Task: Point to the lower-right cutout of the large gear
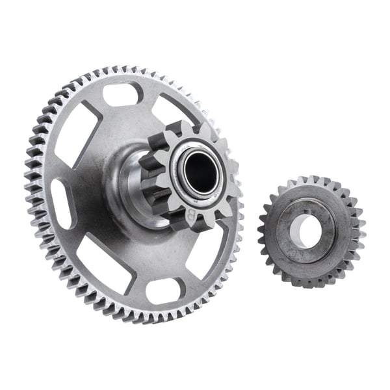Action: (x=216, y=253)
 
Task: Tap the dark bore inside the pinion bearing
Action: (x=199, y=172)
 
